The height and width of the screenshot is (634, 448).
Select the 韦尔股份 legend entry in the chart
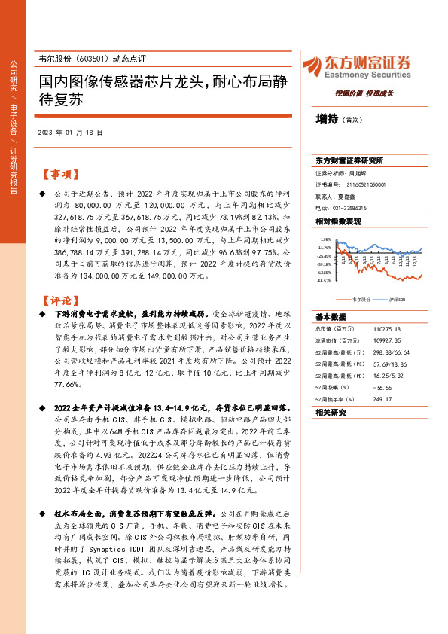(x=361, y=299)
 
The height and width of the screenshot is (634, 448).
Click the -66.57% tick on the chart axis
(x=325, y=281)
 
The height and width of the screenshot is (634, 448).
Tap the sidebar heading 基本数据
(x=331, y=316)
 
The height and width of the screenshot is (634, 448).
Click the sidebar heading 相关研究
(x=331, y=413)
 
